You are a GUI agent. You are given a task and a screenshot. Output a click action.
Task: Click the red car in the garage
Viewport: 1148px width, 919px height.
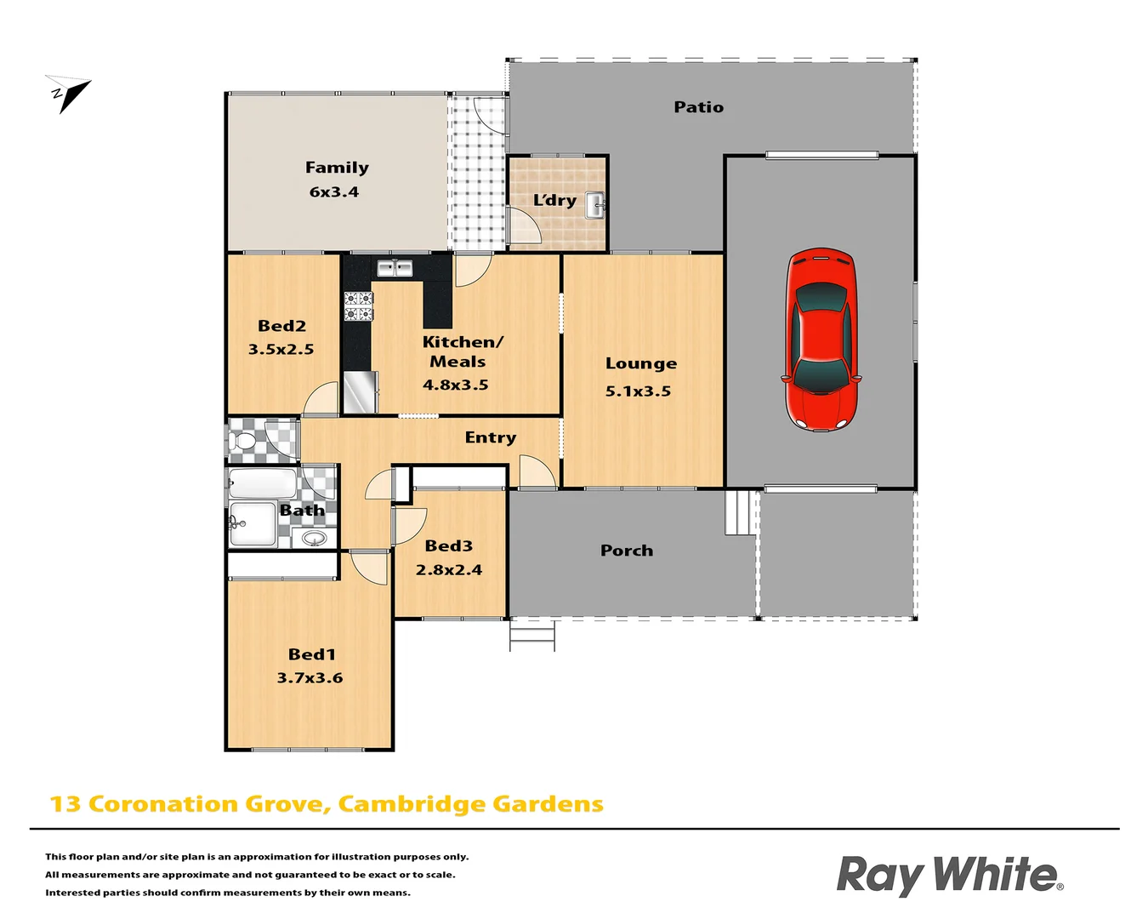tap(820, 339)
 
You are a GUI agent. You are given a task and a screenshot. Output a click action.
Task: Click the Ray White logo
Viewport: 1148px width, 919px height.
tap(949, 875)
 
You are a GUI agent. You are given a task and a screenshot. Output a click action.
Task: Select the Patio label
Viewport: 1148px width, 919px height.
tap(698, 107)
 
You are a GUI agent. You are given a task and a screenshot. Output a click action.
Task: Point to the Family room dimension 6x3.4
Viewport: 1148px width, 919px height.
tap(333, 192)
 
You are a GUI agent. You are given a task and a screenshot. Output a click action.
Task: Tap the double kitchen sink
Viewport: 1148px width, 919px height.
tap(395, 269)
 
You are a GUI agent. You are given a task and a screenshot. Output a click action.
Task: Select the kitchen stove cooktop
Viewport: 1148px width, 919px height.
tap(358, 306)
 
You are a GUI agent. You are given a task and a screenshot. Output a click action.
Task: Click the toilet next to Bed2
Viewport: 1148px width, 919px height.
tap(243, 441)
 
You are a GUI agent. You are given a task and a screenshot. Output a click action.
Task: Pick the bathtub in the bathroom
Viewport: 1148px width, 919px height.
tap(263, 483)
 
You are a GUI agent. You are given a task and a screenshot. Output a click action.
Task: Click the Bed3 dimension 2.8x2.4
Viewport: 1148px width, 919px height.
tap(448, 570)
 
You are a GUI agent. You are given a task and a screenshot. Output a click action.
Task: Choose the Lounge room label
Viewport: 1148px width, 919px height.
tap(641, 363)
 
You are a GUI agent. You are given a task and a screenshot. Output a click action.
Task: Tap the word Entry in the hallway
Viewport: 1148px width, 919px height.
tap(490, 437)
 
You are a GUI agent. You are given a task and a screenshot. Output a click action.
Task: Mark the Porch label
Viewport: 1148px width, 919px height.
tap(627, 551)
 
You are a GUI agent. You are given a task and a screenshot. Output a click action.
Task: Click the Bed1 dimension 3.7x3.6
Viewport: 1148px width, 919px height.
tap(310, 678)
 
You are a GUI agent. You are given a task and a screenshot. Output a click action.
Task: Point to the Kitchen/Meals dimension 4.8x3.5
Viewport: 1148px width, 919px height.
tap(455, 385)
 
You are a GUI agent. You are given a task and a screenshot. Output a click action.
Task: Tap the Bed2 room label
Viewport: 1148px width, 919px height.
tap(281, 326)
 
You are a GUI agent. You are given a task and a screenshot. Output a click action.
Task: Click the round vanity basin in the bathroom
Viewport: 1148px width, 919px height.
tap(314, 538)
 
